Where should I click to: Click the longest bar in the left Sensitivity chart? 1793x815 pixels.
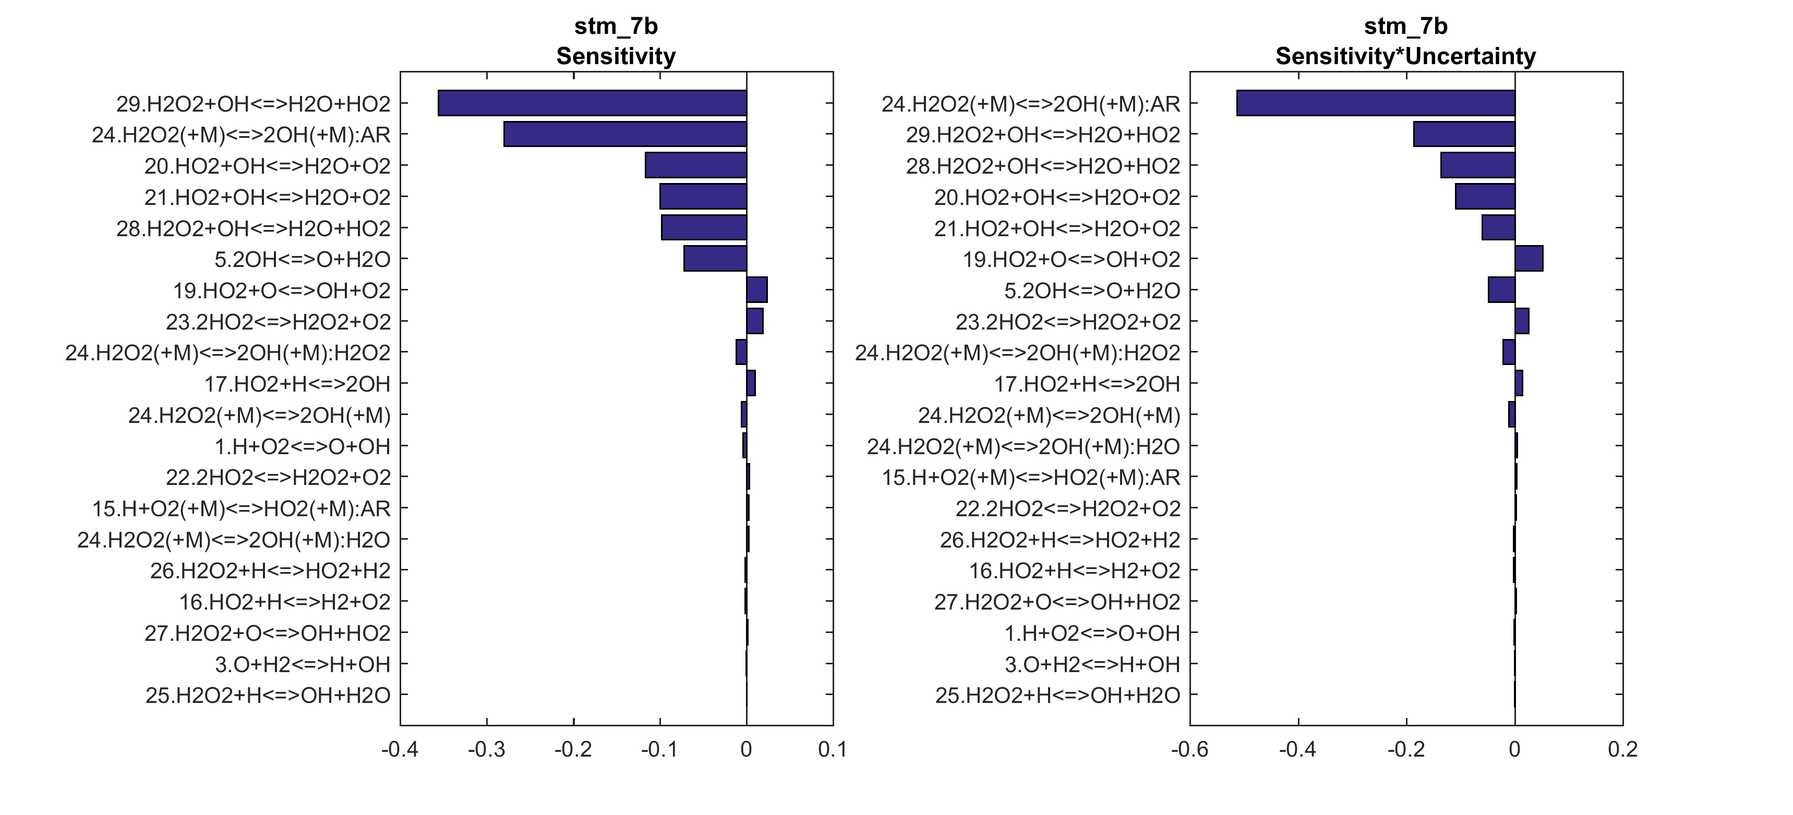[x=592, y=103]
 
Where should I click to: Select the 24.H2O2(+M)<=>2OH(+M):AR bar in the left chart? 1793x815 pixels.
[x=624, y=135]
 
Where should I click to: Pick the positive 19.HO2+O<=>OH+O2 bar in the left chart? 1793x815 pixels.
[x=756, y=289]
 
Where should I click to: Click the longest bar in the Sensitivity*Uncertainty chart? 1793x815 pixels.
[x=1375, y=103]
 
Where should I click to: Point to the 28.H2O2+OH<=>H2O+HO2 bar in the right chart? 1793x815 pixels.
[x=1478, y=166]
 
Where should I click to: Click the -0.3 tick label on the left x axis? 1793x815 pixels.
[x=486, y=750]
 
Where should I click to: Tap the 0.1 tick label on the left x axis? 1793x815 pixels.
[x=833, y=750]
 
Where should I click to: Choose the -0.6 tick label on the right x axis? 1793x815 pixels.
[x=1189, y=750]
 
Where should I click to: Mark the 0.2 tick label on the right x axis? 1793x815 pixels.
[x=1622, y=750]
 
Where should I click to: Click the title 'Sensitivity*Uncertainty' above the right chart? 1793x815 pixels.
[x=1405, y=56]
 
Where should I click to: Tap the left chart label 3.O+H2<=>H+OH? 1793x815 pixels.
[x=302, y=664]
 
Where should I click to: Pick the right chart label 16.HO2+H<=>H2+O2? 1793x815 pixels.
[x=1075, y=571]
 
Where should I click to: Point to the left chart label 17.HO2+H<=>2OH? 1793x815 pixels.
[x=297, y=383]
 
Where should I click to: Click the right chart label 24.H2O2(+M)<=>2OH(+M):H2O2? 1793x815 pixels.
[x=1018, y=352]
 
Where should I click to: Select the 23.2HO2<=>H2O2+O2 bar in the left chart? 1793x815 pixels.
[x=754, y=321]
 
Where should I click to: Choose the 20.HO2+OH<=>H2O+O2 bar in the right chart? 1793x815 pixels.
[x=1485, y=196]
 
